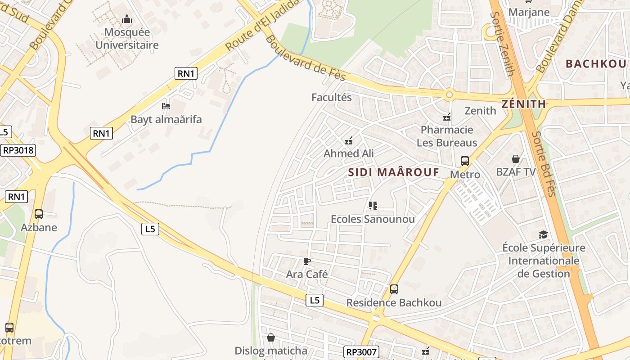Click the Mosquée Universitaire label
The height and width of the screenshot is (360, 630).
coord(127,39)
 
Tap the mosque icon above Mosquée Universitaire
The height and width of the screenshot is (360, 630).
coord(127,19)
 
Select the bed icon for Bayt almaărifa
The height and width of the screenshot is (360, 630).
coord(166,107)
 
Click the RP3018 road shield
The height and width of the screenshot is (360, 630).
coord(18,150)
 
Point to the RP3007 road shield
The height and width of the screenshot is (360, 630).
coord(361,352)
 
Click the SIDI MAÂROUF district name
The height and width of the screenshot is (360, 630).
coord(393,172)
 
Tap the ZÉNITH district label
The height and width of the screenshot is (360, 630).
coord(523,104)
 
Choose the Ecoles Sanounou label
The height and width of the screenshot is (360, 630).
coord(373,219)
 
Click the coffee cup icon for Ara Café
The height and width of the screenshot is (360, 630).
coord(307,261)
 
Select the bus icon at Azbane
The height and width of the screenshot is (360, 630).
coord(39,214)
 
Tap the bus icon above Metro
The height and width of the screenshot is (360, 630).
coord(465,161)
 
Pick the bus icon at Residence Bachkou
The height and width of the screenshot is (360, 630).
coord(394,289)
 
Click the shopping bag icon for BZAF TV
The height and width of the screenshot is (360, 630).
coord(516,159)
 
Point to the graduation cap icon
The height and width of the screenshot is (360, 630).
coord(544,234)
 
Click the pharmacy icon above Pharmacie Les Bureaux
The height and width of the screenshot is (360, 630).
coord(447,117)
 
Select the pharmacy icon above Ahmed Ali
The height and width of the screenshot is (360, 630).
coord(349,141)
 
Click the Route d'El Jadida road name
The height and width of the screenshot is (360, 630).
coord(262,25)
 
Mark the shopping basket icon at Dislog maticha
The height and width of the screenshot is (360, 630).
coord(271,337)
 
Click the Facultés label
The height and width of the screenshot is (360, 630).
coord(332,97)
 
